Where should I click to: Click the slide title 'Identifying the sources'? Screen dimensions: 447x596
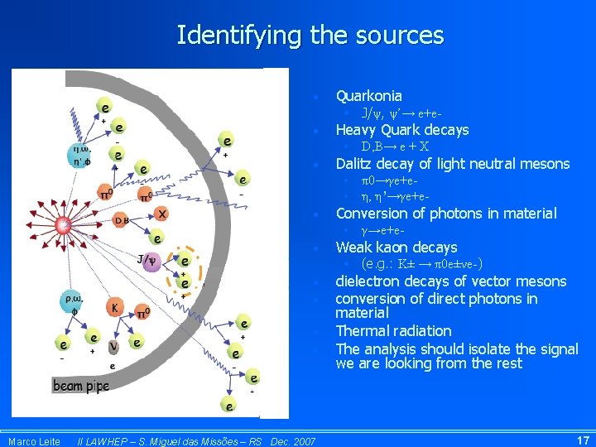tap(310, 36)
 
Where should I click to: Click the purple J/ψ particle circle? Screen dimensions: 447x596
tap(151, 262)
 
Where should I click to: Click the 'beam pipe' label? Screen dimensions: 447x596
tap(81, 386)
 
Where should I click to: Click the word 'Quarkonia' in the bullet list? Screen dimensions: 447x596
tap(368, 96)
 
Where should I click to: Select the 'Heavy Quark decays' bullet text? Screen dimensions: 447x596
tap(401, 130)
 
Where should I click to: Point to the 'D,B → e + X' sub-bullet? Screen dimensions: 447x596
tap(395, 147)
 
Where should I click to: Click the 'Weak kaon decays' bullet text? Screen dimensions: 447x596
tap(396, 248)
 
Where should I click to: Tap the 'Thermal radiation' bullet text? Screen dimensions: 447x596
tap(393, 331)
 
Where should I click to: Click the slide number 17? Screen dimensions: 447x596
tap(582, 440)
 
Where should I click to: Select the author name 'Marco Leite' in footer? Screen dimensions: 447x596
tap(33, 441)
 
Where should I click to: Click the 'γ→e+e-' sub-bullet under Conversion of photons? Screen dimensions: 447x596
tap(386, 230)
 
